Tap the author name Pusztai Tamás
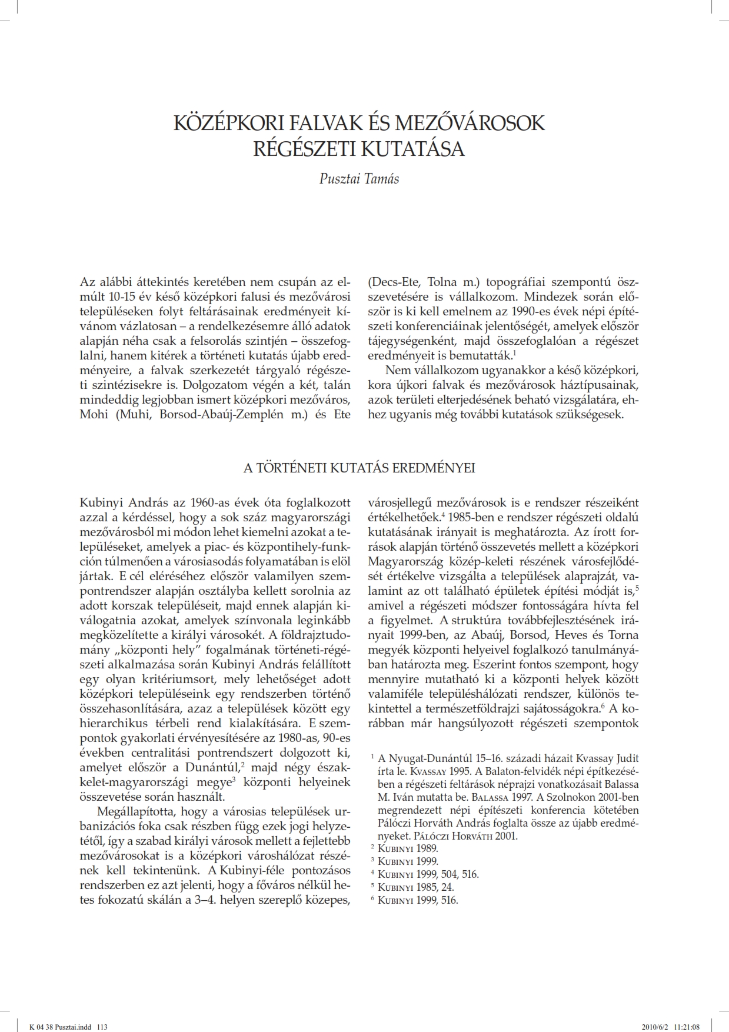point(359,179)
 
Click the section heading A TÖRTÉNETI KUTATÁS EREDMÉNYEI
point(359,468)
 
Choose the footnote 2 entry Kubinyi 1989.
point(407,848)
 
